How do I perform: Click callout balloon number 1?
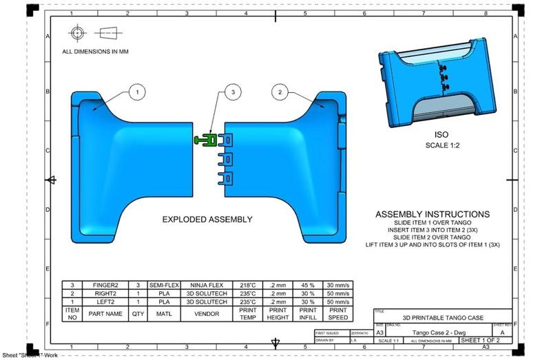click(x=137, y=92)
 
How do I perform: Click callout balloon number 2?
click(x=280, y=92)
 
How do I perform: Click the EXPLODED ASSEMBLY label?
click(x=207, y=220)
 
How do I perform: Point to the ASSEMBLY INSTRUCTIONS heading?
click(x=433, y=214)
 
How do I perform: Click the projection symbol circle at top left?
click(x=78, y=32)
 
